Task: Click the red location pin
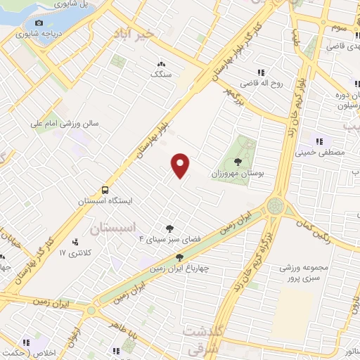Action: click(x=181, y=165)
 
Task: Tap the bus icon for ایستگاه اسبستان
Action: click(x=105, y=190)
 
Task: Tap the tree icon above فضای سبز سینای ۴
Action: click(x=169, y=228)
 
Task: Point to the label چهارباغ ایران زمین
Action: click(x=175, y=268)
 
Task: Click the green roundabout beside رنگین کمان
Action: click(x=275, y=206)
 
